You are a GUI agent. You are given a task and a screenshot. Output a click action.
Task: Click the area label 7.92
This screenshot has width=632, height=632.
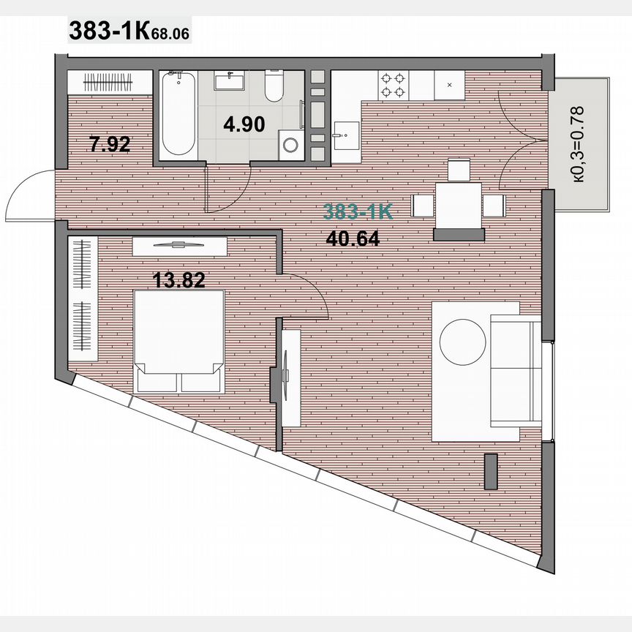pos(110,144)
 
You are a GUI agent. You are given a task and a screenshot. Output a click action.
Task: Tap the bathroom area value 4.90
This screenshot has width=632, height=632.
pos(244,124)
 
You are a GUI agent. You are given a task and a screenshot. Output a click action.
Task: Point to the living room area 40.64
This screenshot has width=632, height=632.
pos(352,238)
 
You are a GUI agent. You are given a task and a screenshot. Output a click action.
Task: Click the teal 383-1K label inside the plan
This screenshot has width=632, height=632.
pos(358,213)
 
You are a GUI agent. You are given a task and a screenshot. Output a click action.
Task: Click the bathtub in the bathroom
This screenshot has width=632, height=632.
pos(178,113)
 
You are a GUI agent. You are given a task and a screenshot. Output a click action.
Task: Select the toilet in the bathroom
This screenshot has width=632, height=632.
pos(274,87)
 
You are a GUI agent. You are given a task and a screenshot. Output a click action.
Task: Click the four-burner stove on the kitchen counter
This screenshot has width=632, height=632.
pos(392,86)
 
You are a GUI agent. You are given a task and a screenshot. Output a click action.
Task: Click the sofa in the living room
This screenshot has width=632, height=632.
pos(515,373)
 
